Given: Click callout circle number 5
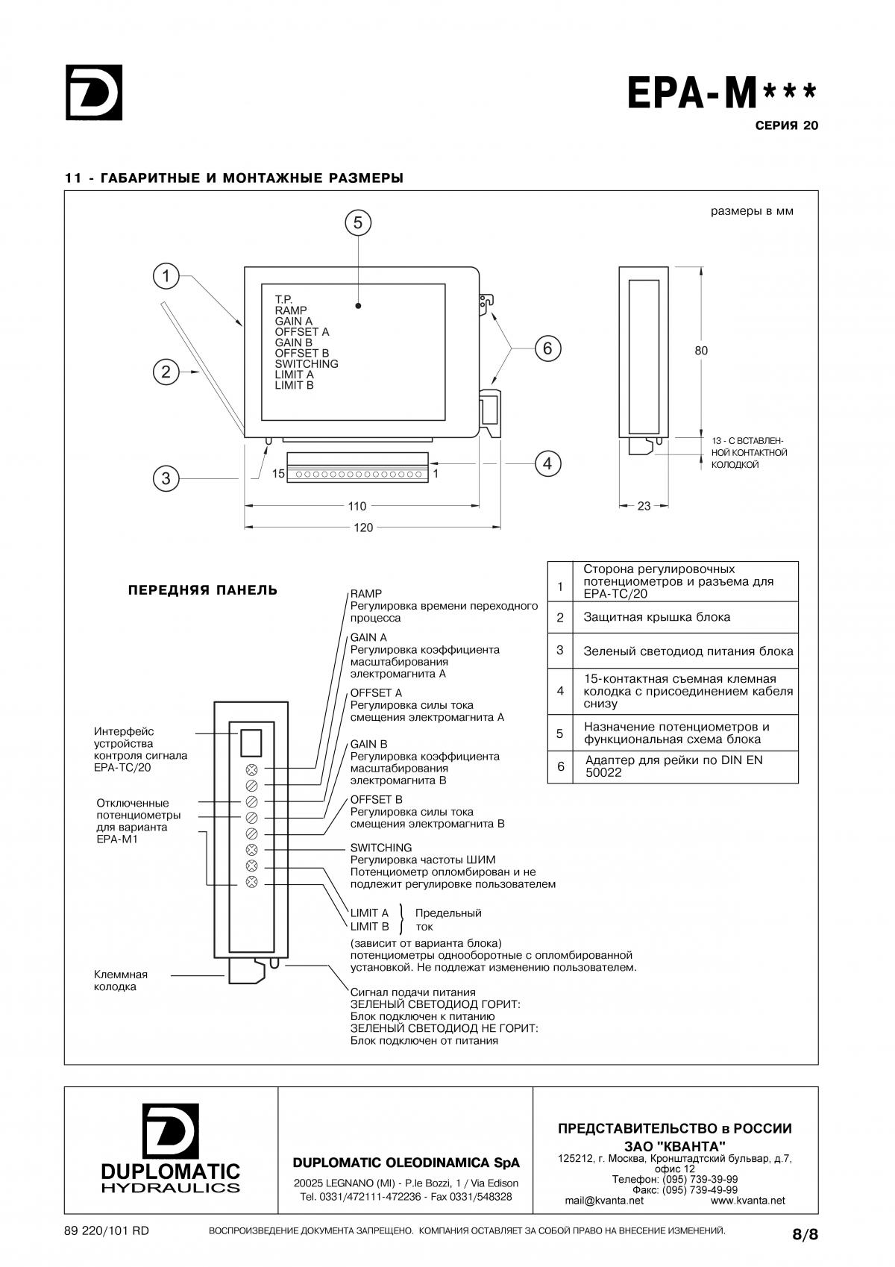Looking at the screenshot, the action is (x=358, y=223).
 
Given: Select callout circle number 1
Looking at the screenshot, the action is (x=166, y=277).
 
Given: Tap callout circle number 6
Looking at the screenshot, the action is (x=547, y=348).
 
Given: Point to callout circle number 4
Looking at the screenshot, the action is (x=547, y=464).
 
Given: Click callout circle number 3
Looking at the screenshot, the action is (x=166, y=478).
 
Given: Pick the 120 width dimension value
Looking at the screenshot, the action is (x=363, y=528).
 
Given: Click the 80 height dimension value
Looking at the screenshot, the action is (x=701, y=351).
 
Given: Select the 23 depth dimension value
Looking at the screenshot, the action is (x=644, y=506).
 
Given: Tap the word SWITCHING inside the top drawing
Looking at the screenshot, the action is (x=307, y=363).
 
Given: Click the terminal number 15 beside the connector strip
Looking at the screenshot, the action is (x=278, y=473).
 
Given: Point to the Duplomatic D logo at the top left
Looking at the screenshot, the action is (x=94, y=93).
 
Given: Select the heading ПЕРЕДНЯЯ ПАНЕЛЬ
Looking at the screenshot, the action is (x=202, y=590).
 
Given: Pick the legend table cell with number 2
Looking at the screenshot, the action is (x=559, y=617).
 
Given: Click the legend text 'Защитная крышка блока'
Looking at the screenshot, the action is (x=656, y=617).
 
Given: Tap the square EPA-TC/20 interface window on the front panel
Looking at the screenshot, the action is (x=251, y=743).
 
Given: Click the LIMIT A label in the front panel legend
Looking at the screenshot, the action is (x=369, y=913).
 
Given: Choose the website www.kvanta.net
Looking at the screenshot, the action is (x=747, y=1201).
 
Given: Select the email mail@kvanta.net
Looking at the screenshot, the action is (x=604, y=1201).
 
